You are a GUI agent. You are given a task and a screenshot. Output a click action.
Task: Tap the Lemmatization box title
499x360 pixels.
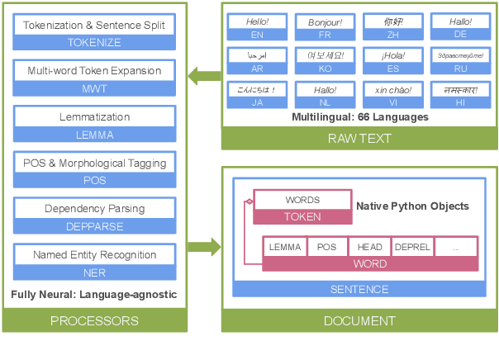[95, 118]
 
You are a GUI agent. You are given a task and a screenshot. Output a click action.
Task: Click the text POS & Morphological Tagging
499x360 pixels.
[95, 163]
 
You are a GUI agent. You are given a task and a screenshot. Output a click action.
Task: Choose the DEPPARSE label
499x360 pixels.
[95, 225]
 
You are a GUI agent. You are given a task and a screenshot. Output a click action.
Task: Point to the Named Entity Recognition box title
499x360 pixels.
[95, 255]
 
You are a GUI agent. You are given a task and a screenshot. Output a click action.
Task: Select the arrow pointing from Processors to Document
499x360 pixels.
[204, 246]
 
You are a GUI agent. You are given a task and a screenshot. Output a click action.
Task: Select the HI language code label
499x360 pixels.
[460, 102]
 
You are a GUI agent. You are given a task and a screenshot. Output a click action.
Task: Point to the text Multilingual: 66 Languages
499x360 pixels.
[359, 117]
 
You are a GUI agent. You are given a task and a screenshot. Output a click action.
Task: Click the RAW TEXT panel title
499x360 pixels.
[360, 138]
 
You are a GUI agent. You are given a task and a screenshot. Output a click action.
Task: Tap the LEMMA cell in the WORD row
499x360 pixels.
[284, 247]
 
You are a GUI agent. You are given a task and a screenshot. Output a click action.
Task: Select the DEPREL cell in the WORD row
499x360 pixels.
[412, 247]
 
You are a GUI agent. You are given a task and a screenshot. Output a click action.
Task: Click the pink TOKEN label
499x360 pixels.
[302, 216]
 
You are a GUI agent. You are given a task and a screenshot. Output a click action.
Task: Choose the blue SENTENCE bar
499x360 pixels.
[359, 289]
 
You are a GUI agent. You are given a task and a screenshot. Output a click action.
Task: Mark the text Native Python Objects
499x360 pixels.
[412, 206]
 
